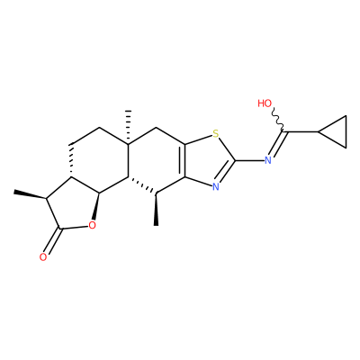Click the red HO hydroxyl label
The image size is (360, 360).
tap(265, 103)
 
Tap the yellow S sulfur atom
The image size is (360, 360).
tap(215, 134)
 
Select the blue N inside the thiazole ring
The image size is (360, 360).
tap(215, 187)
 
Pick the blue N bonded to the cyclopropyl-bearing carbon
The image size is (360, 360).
tap(268, 160)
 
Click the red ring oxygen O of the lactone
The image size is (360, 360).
tap(92, 225)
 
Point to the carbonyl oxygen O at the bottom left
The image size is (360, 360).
tap(43, 257)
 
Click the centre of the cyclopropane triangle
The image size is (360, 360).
tap(337, 131)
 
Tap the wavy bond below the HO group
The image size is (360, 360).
tap(278, 120)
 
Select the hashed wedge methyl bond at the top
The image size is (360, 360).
tap(128, 128)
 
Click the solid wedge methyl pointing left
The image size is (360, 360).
tap(30, 194)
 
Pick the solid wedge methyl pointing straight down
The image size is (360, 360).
tap(157, 209)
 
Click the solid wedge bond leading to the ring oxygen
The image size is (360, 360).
tap(96, 207)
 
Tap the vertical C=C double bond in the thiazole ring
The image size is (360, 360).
tap(183, 160)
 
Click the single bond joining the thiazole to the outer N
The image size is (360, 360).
tap(249, 160)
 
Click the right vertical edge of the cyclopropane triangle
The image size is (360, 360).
tap(346, 131)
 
